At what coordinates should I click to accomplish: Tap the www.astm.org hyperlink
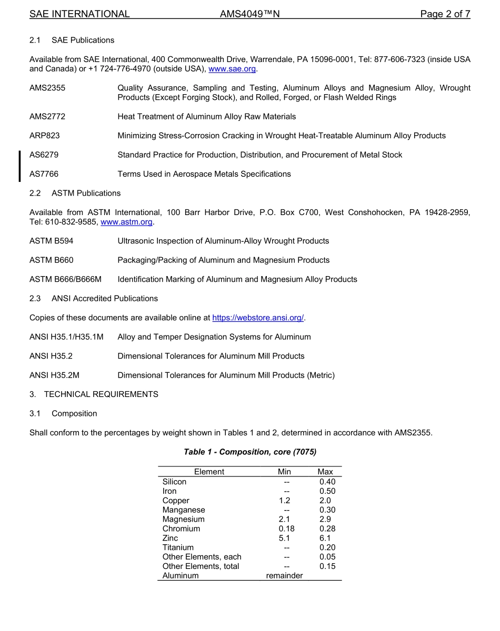click(126, 222)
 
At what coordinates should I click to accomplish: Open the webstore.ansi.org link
click(258, 318)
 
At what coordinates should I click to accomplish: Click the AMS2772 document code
click(47, 116)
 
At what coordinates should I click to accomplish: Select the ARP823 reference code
click(45, 136)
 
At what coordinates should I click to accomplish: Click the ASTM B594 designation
click(52, 241)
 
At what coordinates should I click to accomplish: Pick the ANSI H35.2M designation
click(54, 375)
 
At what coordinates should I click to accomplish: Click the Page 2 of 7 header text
click(445, 14)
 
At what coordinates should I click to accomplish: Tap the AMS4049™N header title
click(249, 14)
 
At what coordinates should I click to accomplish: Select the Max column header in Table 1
click(325, 472)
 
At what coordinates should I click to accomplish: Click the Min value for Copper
click(284, 501)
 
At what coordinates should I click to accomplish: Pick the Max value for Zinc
click(325, 538)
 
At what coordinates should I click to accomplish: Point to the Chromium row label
click(181, 528)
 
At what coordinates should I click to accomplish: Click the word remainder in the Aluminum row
click(284, 576)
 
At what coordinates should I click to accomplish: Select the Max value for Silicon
click(327, 482)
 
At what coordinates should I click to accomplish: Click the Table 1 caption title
click(249, 452)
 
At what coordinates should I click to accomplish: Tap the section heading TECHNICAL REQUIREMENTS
click(101, 394)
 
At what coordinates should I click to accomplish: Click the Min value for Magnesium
click(284, 519)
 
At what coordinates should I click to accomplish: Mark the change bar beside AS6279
click(19, 166)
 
